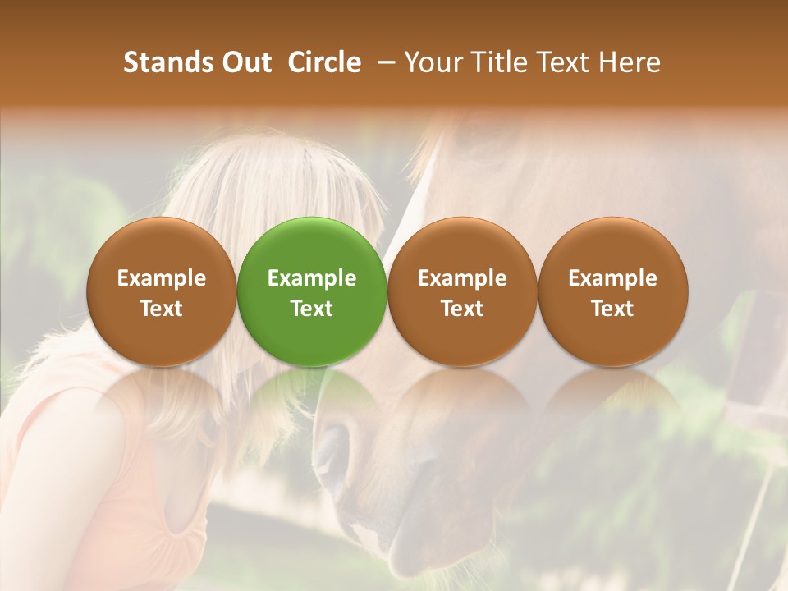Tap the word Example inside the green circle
[x=312, y=278]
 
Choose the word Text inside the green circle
[x=312, y=309]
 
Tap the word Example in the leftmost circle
[x=162, y=278]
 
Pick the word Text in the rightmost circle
[x=612, y=309]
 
